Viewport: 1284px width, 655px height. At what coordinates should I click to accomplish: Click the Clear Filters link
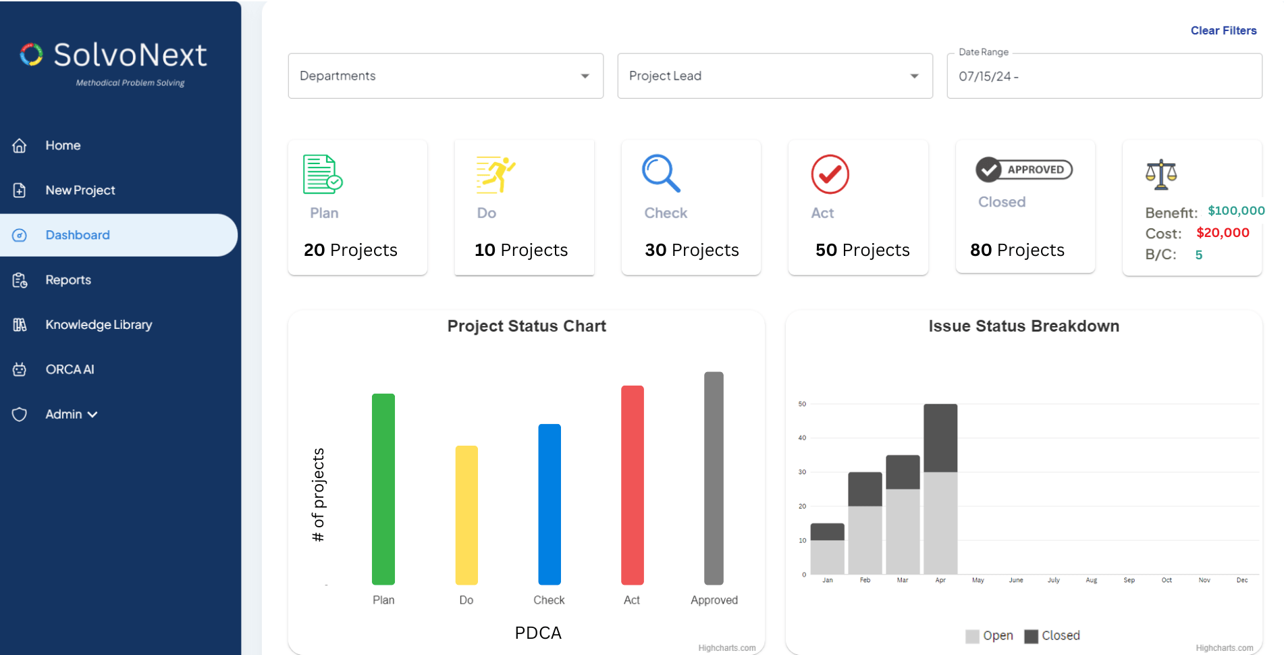click(1223, 30)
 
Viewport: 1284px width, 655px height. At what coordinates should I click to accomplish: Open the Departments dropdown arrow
click(585, 76)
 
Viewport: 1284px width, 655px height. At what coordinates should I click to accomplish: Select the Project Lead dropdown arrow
click(914, 76)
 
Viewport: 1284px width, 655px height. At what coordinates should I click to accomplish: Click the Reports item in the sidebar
click(68, 280)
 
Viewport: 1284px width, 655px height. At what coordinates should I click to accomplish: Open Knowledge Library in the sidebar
click(99, 325)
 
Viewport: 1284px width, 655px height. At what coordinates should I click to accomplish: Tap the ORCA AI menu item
click(70, 369)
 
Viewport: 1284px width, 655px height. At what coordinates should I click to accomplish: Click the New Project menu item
click(80, 190)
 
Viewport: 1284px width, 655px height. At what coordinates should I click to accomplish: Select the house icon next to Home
click(20, 145)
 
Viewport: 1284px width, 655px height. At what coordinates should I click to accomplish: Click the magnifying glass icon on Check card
click(660, 174)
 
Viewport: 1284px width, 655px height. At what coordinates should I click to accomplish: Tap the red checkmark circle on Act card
click(830, 174)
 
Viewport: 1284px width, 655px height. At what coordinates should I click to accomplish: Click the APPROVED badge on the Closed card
click(1023, 169)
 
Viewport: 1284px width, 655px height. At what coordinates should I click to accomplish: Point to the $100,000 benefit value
click(1235, 211)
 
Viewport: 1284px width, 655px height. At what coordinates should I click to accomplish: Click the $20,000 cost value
click(1222, 233)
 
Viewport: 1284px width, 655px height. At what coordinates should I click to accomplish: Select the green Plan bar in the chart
click(383, 488)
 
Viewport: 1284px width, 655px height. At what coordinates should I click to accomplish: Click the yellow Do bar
click(466, 515)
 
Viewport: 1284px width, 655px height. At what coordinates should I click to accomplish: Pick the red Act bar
click(632, 484)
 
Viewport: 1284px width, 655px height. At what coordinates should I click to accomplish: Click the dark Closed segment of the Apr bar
click(940, 438)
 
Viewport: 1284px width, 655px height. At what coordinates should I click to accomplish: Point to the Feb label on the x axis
click(865, 580)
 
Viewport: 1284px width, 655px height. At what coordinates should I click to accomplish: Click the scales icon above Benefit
click(1160, 174)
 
